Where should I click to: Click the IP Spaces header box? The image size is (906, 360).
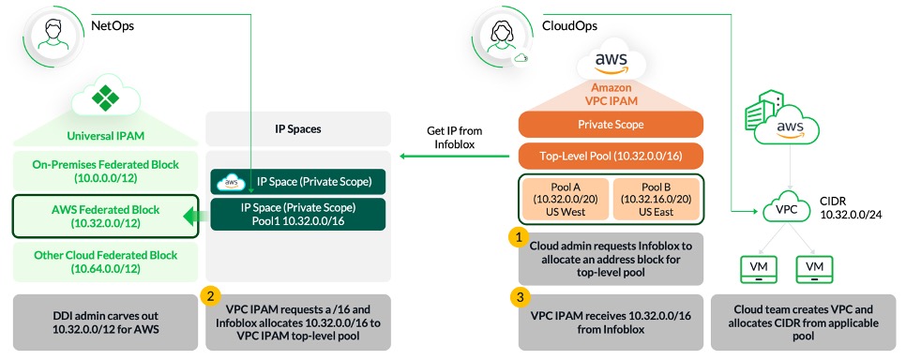pyautogui.click(x=297, y=127)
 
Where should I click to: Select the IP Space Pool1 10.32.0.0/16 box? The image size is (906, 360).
pyautogui.click(x=297, y=213)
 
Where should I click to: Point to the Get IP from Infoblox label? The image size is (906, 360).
pyautogui.click(x=452, y=137)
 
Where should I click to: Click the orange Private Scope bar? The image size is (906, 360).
pyautogui.click(x=612, y=125)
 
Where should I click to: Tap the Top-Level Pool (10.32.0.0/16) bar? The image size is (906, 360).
pyautogui.click(x=612, y=154)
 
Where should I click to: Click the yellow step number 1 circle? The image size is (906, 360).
pyautogui.click(x=517, y=238)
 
